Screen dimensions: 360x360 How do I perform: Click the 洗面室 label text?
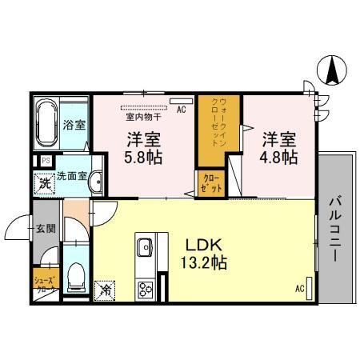(x=70, y=177)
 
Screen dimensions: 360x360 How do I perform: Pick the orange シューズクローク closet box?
(x=44, y=285)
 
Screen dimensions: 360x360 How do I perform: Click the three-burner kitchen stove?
(x=147, y=288)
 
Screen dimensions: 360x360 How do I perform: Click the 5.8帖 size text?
(x=142, y=157)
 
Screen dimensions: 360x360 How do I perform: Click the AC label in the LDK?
(x=301, y=289)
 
